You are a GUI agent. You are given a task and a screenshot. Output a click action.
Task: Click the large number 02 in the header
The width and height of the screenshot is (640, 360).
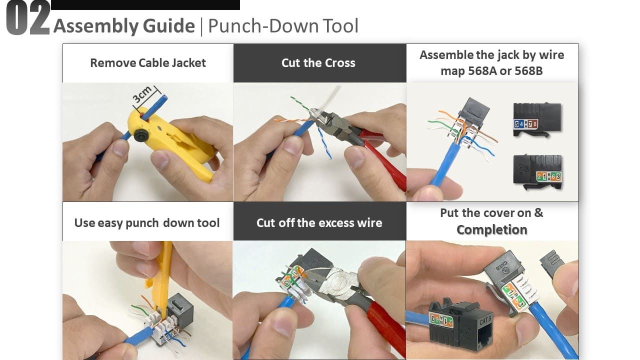click(x=27, y=19)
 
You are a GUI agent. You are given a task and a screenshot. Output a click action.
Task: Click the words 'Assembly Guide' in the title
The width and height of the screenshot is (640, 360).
click(x=124, y=26)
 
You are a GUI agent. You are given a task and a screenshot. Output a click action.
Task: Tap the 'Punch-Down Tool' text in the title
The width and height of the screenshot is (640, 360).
click(x=283, y=26)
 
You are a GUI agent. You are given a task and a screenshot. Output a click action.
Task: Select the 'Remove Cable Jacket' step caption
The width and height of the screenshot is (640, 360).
click(x=148, y=63)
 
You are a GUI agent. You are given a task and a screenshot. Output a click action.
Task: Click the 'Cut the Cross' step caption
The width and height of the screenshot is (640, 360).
click(x=318, y=63)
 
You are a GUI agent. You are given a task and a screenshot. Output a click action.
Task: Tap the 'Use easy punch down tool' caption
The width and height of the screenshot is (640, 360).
click(x=147, y=222)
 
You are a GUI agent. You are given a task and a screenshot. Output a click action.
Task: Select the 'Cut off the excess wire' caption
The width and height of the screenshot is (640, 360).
click(x=319, y=222)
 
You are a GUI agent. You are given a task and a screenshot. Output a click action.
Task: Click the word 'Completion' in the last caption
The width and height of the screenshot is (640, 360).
click(x=491, y=230)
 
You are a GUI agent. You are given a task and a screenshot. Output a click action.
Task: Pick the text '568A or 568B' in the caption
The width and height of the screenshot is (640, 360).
click(x=491, y=70)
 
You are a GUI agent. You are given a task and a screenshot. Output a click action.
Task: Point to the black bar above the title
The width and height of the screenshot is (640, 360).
click(x=145, y=5)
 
